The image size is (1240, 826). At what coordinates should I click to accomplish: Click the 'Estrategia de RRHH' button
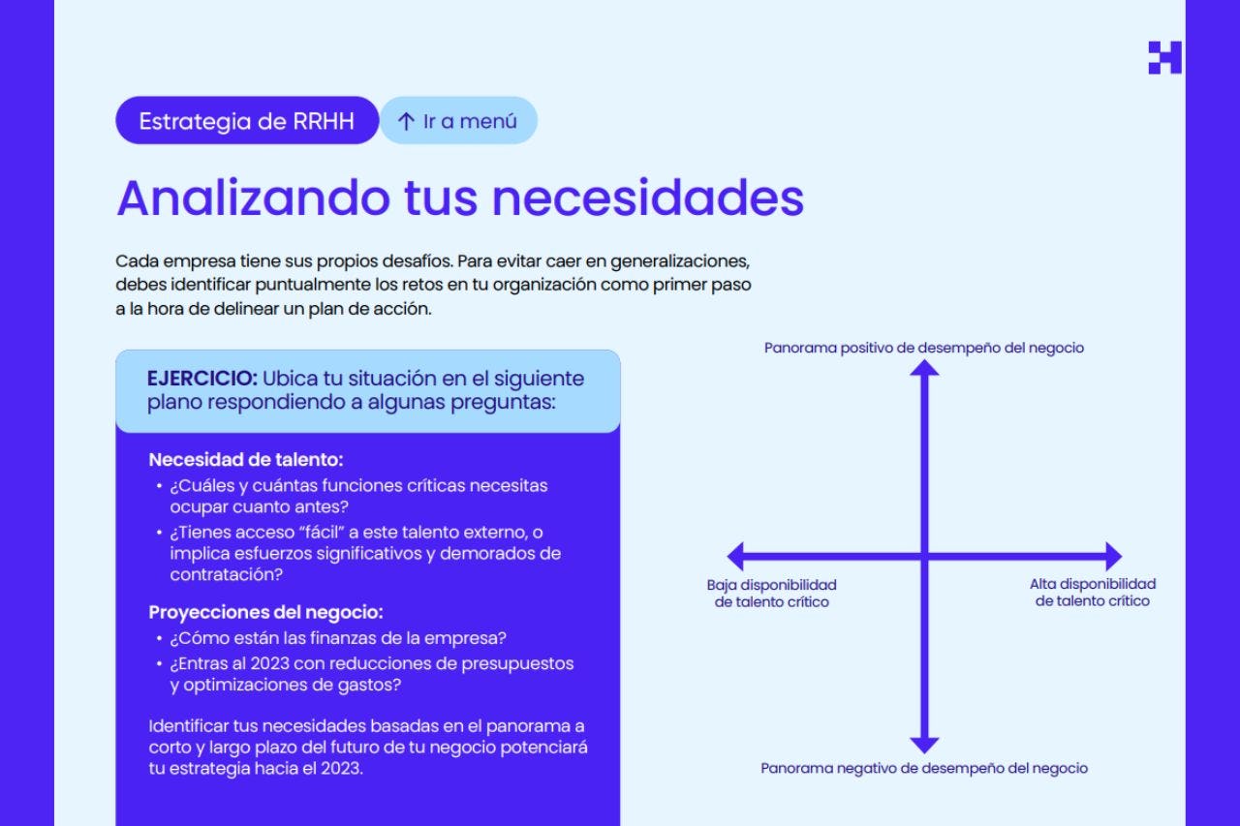(246, 121)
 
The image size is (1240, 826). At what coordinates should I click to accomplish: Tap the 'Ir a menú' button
(457, 121)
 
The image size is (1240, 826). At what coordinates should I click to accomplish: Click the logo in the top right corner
(1164, 58)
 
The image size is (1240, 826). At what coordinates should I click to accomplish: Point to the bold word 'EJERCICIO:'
(201, 378)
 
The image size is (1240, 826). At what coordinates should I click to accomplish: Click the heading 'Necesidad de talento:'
(246, 460)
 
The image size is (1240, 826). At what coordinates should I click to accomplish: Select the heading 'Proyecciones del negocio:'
(265, 612)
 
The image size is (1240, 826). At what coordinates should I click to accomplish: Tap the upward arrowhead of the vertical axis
(925, 367)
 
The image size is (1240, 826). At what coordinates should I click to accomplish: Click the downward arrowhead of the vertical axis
(925, 745)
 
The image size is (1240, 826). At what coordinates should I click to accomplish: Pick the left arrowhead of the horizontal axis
(735, 557)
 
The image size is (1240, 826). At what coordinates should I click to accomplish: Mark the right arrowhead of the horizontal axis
(1113, 557)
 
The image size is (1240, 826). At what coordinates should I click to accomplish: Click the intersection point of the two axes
(925, 557)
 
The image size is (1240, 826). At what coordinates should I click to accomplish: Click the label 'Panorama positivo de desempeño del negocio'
(924, 348)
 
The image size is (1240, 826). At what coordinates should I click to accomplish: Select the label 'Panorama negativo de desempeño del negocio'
(924, 768)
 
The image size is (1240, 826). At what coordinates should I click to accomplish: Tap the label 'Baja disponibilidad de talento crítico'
(772, 593)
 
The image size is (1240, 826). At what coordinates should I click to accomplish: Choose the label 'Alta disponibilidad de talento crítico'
(1093, 593)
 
